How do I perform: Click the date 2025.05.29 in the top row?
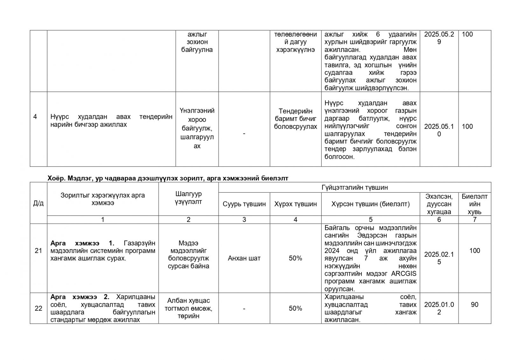(439, 38)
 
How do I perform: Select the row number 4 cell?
(35, 117)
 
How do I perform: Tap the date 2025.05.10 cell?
(439, 130)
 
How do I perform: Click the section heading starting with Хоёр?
(168, 178)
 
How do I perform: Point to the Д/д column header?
(38, 203)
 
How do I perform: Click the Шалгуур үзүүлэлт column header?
(188, 198)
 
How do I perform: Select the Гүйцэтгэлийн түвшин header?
(354, 187)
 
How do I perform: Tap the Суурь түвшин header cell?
(244, 204)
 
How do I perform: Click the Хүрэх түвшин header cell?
(295, 204)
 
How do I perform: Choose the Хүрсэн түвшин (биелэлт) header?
(370, 204)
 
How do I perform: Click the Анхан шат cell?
(244, 258)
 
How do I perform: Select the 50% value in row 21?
(295, 258)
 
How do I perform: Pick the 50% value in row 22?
(295, 308)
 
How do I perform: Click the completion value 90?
(474, 305)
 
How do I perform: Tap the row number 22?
(38, 308)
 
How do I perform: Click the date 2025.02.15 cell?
(439, 258)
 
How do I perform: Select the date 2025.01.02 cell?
(439, 308)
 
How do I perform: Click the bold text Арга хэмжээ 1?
(82, 243)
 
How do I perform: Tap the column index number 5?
(370, 220)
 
